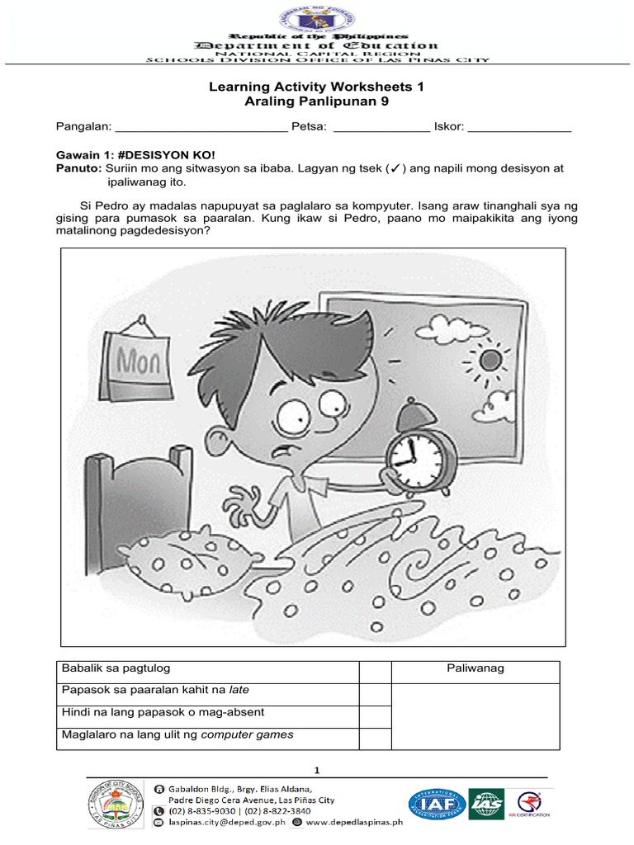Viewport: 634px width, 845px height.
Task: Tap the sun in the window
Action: [490, 360]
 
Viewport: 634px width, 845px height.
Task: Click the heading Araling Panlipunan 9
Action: [317, 101]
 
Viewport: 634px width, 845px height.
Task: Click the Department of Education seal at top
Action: [318, 17]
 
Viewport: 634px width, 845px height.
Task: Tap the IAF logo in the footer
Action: [434, 804]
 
